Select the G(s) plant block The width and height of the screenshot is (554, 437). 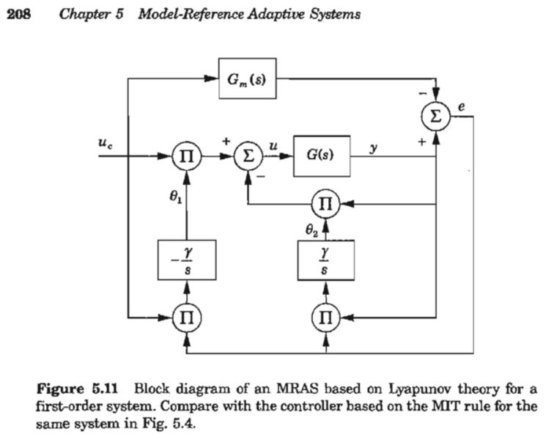[322, 155]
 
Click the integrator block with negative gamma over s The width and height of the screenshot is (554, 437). [188, 260]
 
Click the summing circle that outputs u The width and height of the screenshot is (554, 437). [248, 156]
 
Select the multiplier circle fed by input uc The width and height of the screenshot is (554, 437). [187, 156]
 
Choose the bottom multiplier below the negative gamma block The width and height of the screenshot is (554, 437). [187, 317]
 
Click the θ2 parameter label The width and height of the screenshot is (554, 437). [311, 229]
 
